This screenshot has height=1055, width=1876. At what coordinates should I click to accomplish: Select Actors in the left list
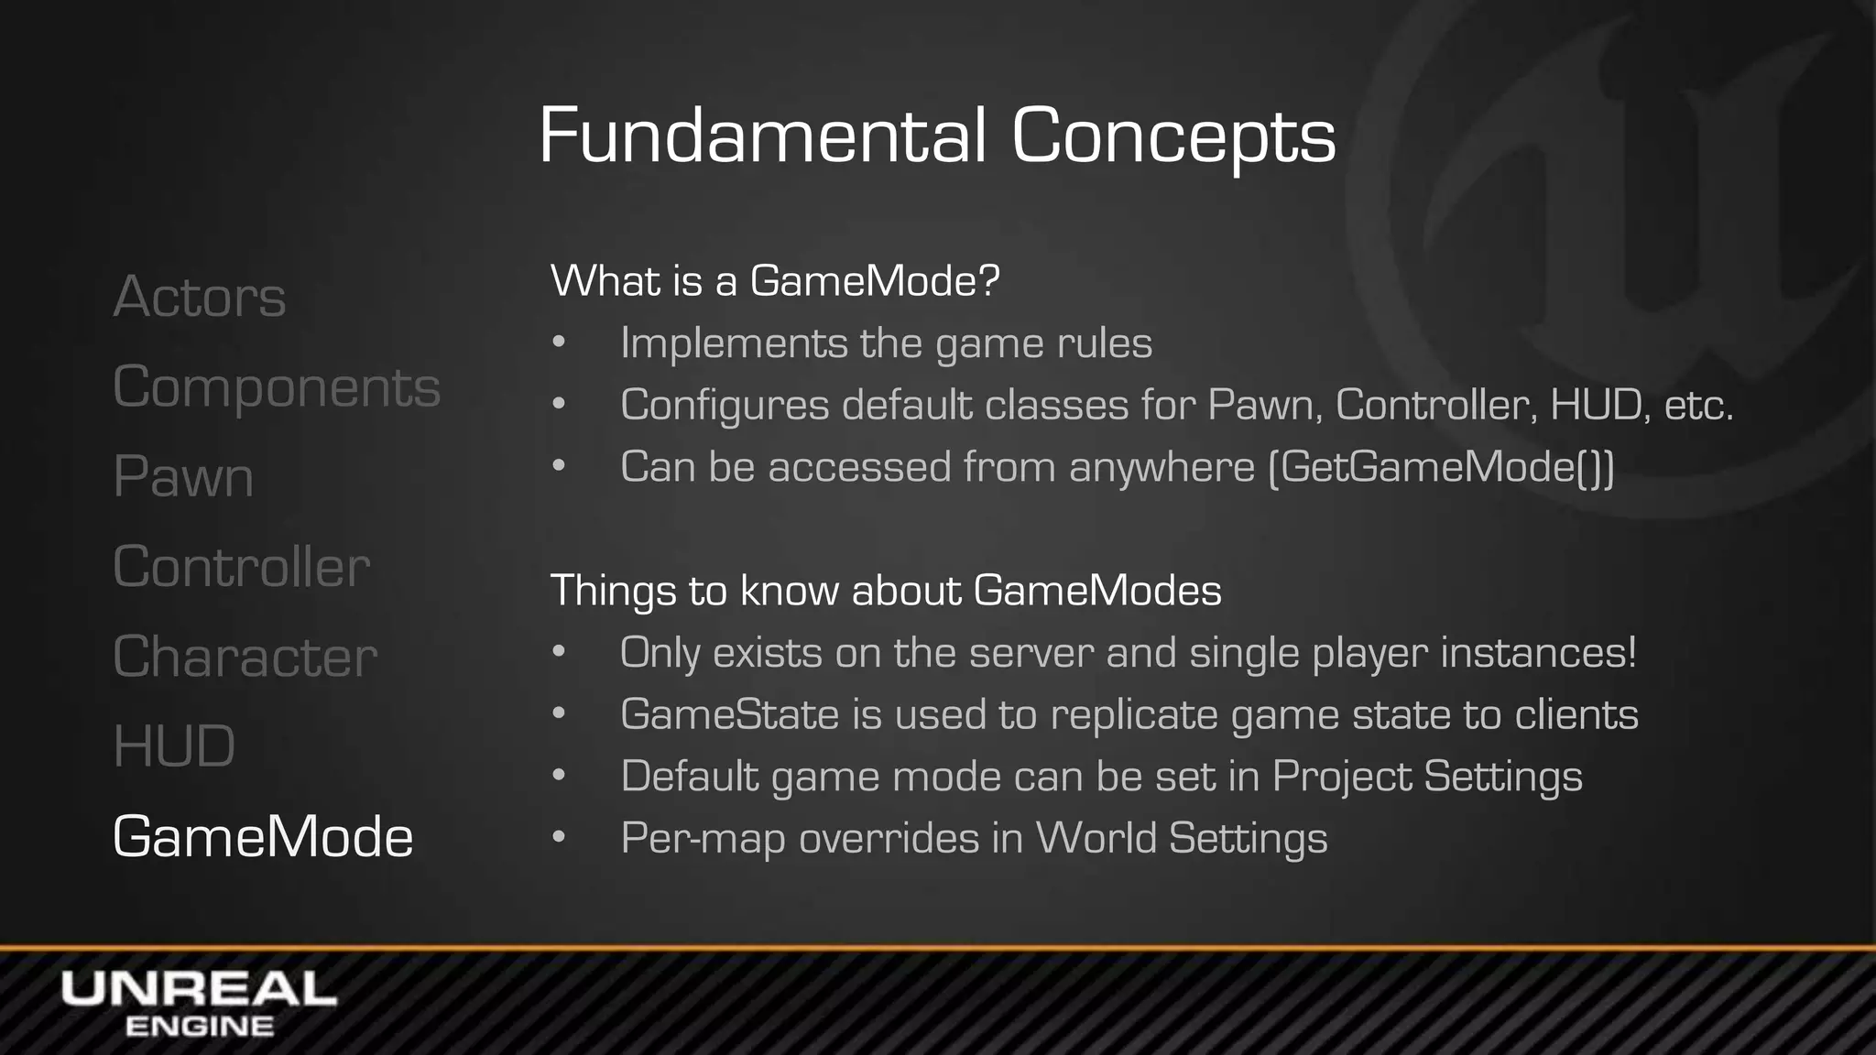(x=199, y=297)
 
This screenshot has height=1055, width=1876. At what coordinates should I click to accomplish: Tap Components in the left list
(x=276, y=387)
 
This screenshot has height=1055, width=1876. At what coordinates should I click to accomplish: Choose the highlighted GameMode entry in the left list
(x=262, y=837)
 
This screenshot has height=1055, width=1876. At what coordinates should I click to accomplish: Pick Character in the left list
(x=245, y=657)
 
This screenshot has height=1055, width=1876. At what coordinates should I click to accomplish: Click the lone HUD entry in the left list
(x=174, y=746)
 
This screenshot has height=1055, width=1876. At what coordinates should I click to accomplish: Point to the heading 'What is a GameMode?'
(x=774, y=280)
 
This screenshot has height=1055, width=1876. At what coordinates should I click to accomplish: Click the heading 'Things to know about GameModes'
(x=885, y=591)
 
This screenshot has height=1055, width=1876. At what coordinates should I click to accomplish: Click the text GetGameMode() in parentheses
(x=1441, y=467)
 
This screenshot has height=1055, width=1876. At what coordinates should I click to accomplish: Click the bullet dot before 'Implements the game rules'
(x=559, y=343)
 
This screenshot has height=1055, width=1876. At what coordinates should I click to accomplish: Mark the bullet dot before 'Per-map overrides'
(x=559, y=838)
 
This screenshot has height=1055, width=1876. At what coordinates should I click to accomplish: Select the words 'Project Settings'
(x=1426, y=777)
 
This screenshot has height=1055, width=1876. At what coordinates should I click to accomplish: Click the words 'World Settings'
(x=1181, y=838)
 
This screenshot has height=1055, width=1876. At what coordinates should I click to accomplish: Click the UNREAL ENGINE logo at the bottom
(x=199, y=1004)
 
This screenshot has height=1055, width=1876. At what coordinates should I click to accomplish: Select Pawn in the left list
(x=183, y=477)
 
